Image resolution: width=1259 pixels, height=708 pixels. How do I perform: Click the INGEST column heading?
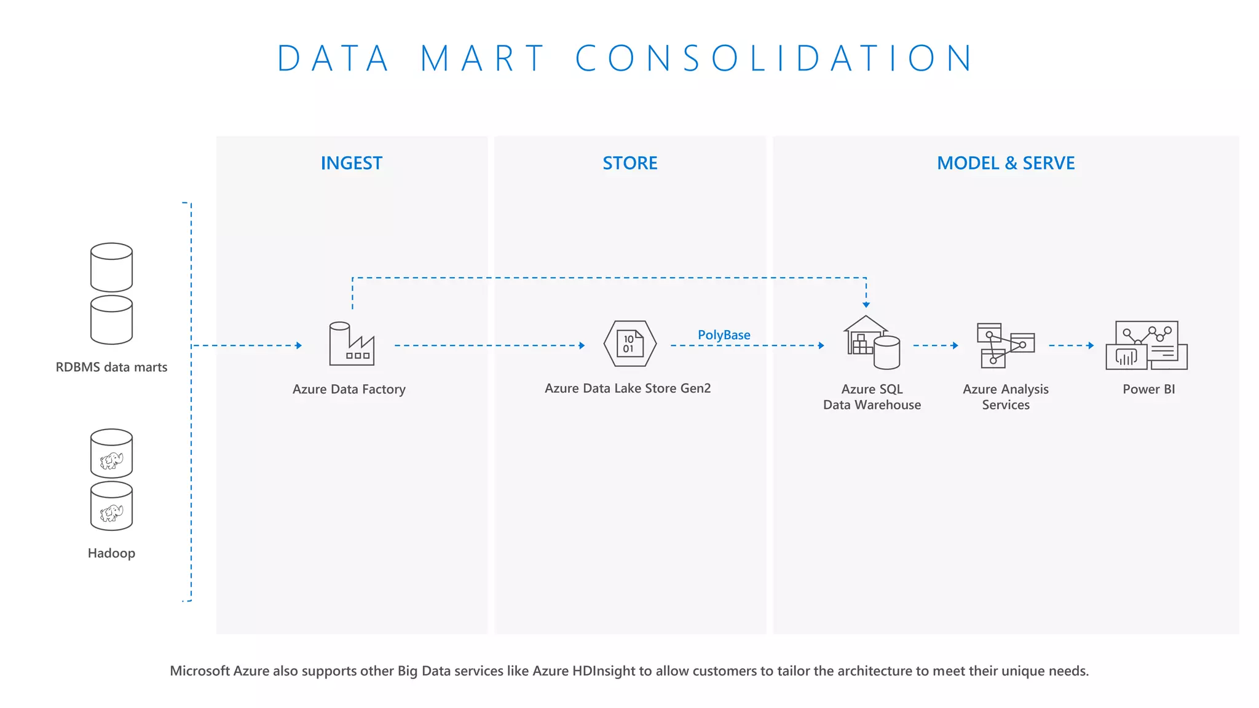point(351,163)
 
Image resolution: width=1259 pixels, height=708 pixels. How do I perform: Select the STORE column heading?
point(629,163)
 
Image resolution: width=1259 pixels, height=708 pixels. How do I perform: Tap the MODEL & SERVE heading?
point(1006,163)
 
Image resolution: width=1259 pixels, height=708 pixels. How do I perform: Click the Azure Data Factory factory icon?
point(352,344)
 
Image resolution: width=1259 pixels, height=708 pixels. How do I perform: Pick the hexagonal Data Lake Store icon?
point(629,344)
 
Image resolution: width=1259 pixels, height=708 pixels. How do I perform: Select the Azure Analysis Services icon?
point(1006,345)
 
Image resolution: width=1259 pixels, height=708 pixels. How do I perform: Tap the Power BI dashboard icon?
point(1147,345)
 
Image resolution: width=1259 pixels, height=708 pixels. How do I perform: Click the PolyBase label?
point(724,335)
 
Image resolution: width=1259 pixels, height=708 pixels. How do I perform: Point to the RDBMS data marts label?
point(111,367)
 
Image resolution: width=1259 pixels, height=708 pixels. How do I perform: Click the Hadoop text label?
point(111,553)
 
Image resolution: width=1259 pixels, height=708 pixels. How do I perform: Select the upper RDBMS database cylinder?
point(111,267)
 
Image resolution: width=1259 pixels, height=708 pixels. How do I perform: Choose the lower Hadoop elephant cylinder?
point(111,506)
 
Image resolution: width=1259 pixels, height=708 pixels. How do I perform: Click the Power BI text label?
point(1148,389)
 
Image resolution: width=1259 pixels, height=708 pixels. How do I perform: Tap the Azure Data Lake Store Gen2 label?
point(628,388)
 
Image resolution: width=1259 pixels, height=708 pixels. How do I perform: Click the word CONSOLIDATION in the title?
point(775,58)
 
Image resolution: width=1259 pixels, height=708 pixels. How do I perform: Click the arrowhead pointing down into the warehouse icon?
point(866,304)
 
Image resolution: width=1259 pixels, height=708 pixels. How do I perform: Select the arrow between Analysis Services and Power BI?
point(1071,345)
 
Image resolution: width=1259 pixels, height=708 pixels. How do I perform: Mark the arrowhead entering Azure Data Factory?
point(299,345)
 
